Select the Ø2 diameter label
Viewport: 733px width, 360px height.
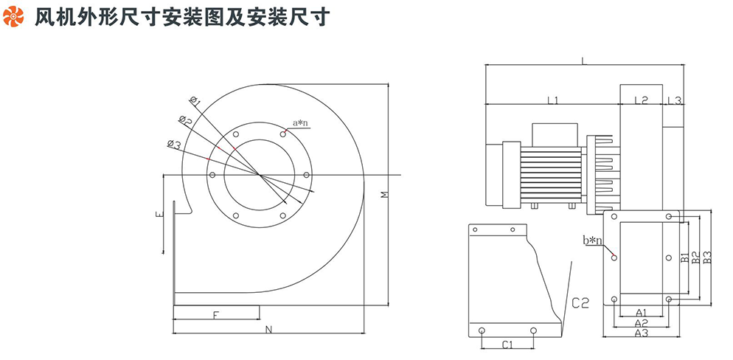(x=185, y=120)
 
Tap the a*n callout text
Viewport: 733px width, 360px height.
(x=300, y=122)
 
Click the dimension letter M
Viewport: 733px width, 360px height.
(x=383, y=195)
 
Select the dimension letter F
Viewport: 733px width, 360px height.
(x=215, y=314)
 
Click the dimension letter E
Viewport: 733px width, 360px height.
(x=159, y=215)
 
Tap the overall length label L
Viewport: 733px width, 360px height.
(x=583, y=60)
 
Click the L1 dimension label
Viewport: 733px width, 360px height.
(x=552, y=99)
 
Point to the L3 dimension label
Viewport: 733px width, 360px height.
(x=675, y=99)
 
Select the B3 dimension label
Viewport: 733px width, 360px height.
(x=706, y=257)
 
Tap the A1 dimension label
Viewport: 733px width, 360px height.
(x=641, y=312)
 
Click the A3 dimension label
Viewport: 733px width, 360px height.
(x=641, y=333)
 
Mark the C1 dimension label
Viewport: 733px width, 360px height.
(x=507, y=344)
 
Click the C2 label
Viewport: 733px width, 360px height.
(x=580, y=302)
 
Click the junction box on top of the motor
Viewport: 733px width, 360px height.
(x=555, y=133)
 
